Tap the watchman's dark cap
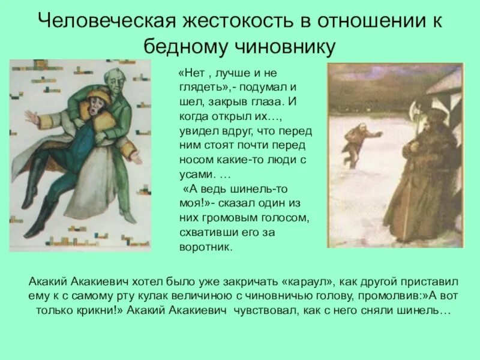(433, 114)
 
